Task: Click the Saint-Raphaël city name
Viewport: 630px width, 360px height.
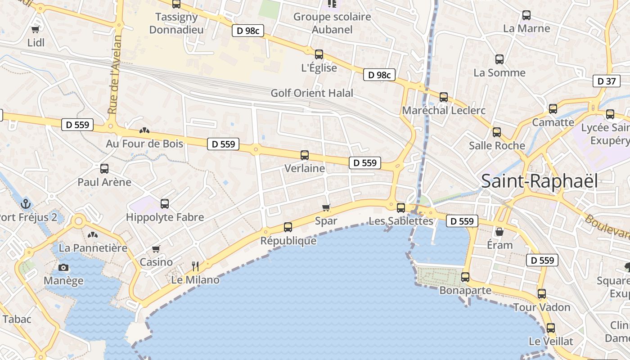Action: point(540,181)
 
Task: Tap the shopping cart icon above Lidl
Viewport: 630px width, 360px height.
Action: point(35,29)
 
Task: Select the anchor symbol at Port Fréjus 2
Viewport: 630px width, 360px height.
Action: point(25,203)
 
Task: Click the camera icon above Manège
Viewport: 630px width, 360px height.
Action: point(63,268)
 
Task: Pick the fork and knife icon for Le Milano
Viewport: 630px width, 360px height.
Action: point(195,266)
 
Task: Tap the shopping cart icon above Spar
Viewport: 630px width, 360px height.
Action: point(326,207)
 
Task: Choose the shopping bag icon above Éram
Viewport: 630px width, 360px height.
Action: point(499,232)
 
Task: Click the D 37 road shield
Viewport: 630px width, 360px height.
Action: point(605,81)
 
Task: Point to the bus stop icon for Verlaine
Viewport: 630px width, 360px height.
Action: point(305,155)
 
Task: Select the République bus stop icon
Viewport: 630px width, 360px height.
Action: point(288,227)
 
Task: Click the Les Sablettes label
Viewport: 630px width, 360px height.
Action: point(401,221)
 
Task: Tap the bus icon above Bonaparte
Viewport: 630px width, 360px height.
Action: point(465,277)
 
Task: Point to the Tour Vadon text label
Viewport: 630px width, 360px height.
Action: point(542,307)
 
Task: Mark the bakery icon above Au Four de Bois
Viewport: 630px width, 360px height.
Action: point(144,130)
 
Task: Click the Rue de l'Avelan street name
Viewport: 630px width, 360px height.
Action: point(115,75)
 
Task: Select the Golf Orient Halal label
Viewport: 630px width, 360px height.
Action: point(312,93)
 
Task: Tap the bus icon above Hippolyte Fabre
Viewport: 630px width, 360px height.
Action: point(165,203)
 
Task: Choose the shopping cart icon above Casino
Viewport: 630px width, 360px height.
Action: point(156,249)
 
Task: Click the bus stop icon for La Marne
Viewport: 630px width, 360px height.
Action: point(526,15)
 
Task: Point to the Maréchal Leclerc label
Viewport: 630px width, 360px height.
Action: point(444,110)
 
